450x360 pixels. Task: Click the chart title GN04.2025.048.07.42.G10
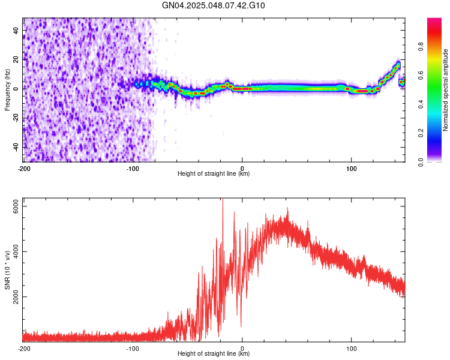(x=213, y=5)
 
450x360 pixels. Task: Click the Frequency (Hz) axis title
(x=7, y=90)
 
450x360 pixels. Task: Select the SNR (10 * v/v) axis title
(x=7, y=270)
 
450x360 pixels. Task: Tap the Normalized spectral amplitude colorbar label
(x=445, y=90)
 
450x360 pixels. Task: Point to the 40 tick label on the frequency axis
(x=16, y=30)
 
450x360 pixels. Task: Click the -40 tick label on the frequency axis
(x=16, y=148)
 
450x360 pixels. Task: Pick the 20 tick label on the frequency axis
(x=16, y=59)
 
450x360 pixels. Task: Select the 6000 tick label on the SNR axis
(x=16, y=206)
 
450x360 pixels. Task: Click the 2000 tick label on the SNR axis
(x=16, y=296)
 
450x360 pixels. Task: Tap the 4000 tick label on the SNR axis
(x=16, y=252)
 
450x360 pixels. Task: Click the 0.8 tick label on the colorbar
(x=421, y=47)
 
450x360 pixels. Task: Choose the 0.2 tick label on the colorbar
(x=421, y=133)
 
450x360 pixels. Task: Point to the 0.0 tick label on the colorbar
(x=421, y=162)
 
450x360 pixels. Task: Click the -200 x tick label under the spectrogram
(x=24, y=169)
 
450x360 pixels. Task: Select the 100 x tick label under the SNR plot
(x=351, y=349)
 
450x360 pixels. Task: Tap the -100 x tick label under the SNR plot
(x=133, y=349)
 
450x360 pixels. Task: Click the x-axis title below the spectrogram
(x=214, y=173)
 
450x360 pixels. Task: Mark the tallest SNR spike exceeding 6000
(x=223, y=200)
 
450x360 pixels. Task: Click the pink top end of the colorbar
(x=434, y=20)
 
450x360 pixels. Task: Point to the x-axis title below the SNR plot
(x=214, y=353)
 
